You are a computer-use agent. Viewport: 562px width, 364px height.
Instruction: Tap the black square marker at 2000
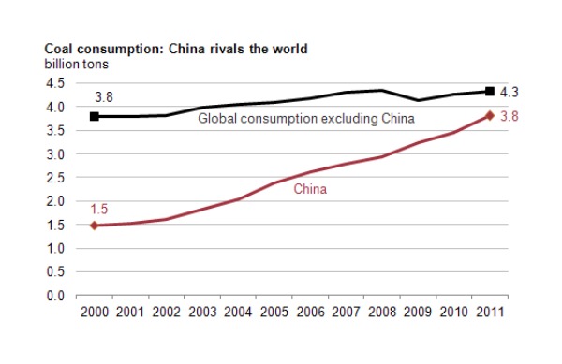[x=93, y=117]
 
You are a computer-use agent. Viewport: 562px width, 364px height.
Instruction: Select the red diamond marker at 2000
[x=93, y=226]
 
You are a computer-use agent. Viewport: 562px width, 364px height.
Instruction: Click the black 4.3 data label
[x=510, y=91]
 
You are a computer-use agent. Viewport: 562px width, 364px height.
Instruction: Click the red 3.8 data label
[x=510, y=116]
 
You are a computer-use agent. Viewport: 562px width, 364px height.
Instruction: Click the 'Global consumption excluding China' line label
[x=305, y=119]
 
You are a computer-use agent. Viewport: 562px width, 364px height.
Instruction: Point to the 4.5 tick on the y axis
[x=54, y=83]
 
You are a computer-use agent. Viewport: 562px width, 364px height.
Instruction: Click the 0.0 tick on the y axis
[x=54, y=296]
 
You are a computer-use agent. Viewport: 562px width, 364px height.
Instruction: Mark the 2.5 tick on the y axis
[x=54, y=178]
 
